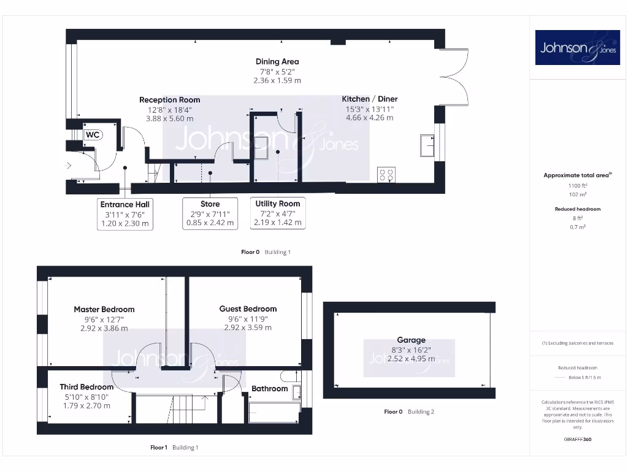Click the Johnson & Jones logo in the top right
tap(578, 48)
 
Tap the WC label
tap(93, 135)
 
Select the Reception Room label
tap(169, 100)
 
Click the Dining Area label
tap(277, 61)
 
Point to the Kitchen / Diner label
tap(369, 99)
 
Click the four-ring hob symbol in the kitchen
tap(386, 175)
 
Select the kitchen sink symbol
tap(426, 146)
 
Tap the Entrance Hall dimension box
tap(125, 214)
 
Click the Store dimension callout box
tap(210, 214)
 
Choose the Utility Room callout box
tap(278, 213)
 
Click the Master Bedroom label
tap(104, 309)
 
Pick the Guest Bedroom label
tap(248, 308)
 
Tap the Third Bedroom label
tap(86, 387)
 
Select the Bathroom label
tap(269, 388)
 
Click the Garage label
tap(411, 340)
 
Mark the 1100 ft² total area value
tap(577, 185)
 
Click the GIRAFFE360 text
tap(577, 439)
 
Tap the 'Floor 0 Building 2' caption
tap(408, 412)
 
